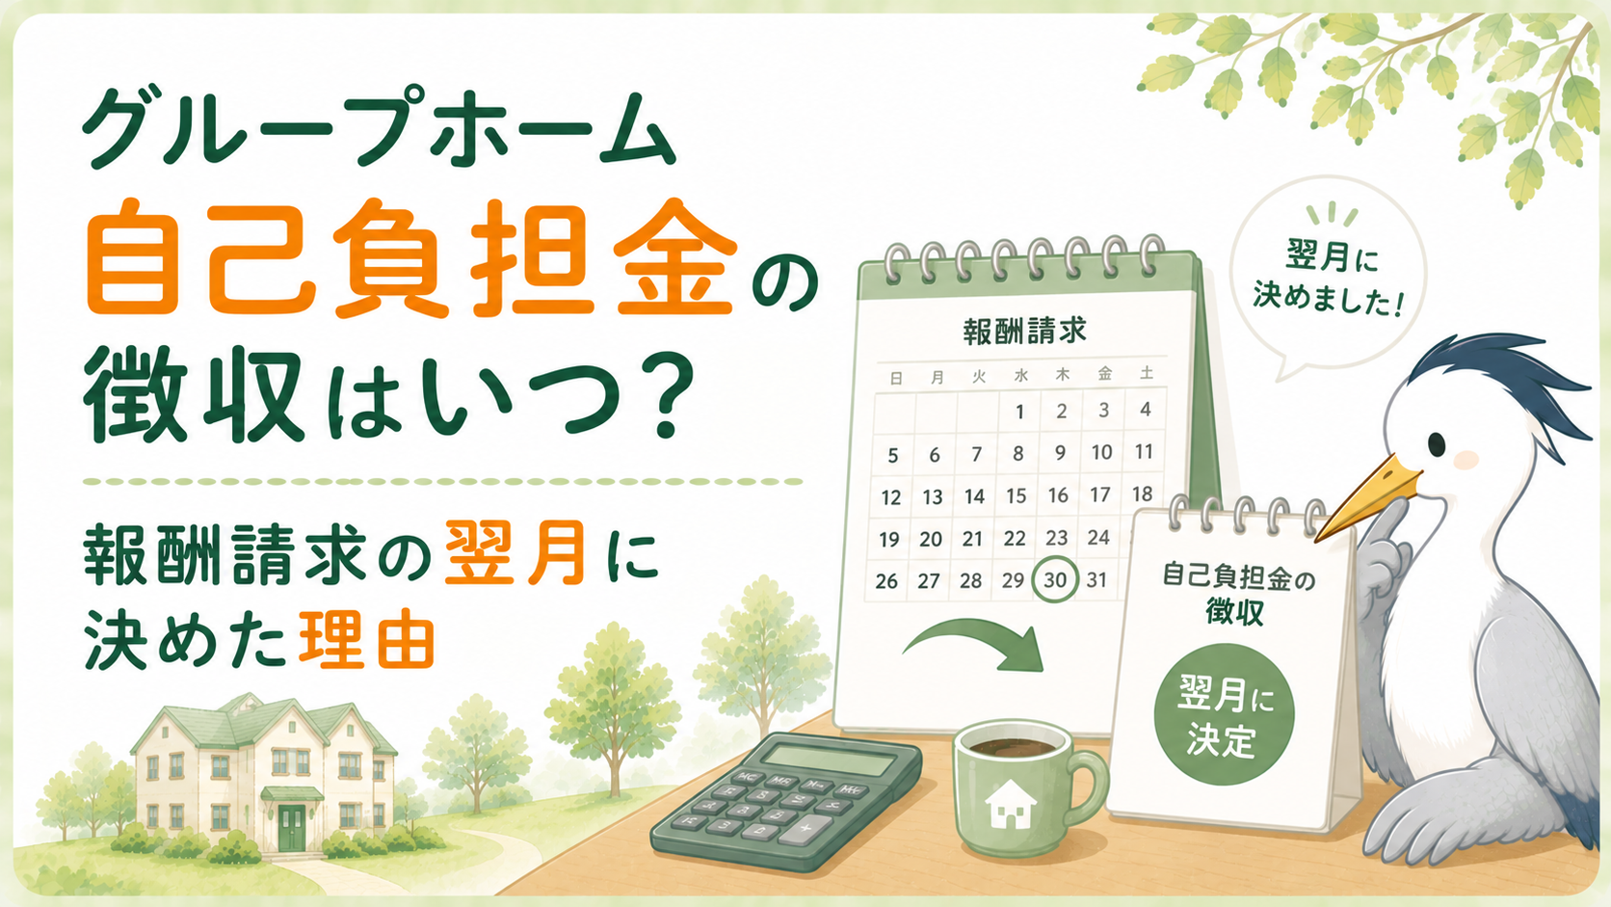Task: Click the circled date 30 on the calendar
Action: [1054, 579]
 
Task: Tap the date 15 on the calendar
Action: [1016, 495]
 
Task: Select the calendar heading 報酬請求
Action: [1024, 331]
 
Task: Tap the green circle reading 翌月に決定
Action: [1224, 714]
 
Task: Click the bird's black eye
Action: [1437, 443]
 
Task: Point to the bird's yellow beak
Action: [1365, 496]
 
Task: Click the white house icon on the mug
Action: [1011, 803]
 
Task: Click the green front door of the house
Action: [292, 828]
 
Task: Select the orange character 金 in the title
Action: [676, 266]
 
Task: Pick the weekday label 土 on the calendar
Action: [1147, 373]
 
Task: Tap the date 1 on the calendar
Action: [1019, 413]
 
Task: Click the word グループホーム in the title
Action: [379, 128]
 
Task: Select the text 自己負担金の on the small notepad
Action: [1238, 577]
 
